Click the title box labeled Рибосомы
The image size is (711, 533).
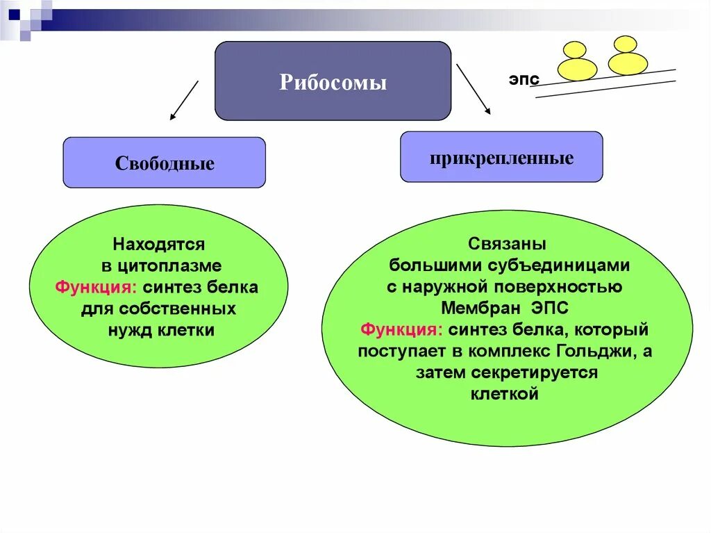(x=333, y=81)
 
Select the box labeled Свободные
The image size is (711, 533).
(x=164, y=163)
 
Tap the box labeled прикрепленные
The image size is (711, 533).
(x=501, y=157)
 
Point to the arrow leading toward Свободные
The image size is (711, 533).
(x=184, y=101)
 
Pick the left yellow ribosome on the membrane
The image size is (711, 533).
(x=577, y=63)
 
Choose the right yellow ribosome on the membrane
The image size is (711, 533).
(x=627, y=57)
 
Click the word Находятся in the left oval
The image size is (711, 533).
(x=158, y=244)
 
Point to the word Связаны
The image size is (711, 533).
(x=506, y=244)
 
